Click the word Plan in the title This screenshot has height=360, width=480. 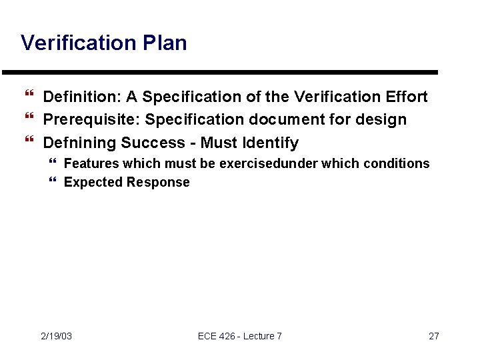click(165, 43)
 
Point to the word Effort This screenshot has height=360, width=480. click(407, 97)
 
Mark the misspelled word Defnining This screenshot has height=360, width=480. click(79, 143)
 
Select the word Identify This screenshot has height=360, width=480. click(270, 143)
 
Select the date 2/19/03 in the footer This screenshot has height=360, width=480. click(56, 336)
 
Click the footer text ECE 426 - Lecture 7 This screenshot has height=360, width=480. click(240, 336)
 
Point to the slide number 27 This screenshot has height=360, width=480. click(433, 336)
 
